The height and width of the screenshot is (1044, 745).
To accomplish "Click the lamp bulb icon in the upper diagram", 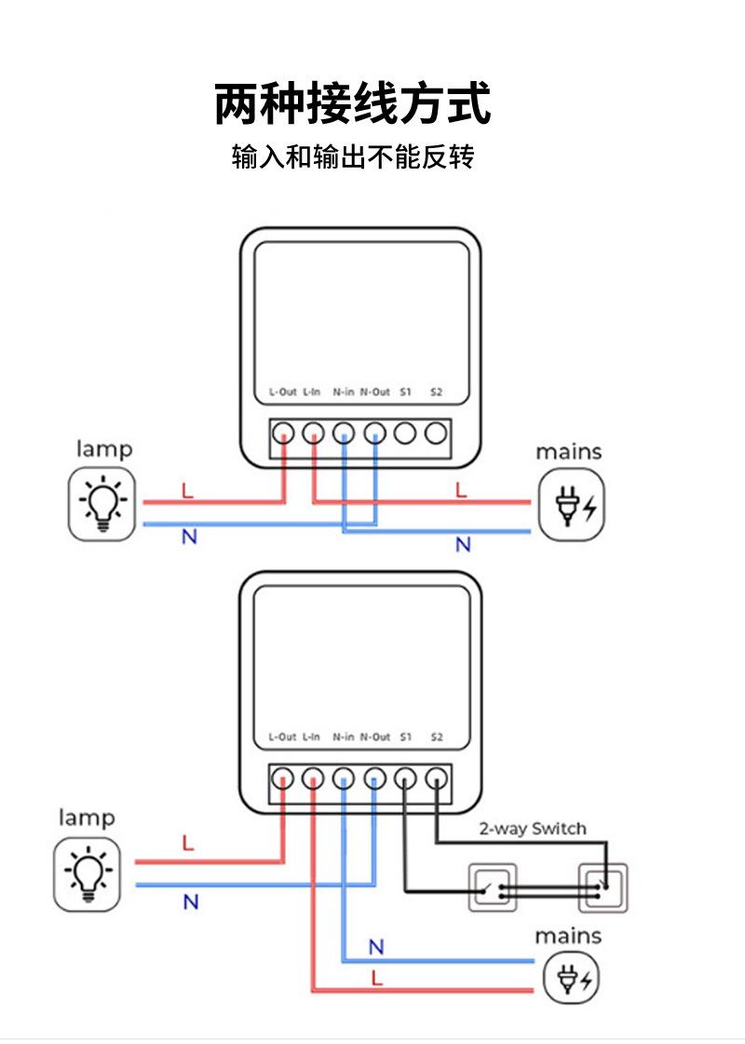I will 102,504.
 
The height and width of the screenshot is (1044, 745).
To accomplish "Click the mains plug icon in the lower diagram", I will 571,978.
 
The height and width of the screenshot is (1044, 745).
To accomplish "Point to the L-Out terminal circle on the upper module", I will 284,433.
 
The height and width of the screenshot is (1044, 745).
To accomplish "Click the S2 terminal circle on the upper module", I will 435,433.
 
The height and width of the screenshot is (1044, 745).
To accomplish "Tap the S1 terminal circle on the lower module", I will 405,778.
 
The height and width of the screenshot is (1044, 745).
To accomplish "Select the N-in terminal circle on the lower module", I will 345,778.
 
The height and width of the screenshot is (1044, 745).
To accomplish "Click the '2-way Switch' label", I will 533,828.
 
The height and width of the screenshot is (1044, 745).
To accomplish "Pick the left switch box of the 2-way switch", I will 491,887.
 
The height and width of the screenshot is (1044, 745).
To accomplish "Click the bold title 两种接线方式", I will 353,103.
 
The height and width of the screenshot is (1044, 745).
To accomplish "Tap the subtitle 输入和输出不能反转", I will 353,156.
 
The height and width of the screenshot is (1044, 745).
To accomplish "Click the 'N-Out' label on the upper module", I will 375,392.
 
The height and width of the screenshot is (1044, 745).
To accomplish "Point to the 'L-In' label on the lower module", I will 311,737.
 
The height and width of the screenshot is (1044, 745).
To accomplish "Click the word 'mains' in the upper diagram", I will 568,452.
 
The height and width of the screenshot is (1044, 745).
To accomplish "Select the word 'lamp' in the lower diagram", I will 87,818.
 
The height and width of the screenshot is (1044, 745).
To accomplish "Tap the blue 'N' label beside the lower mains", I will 376,947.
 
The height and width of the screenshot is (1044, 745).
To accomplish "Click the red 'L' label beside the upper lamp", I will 187,491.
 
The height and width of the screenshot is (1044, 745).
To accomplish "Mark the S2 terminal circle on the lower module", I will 436,778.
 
